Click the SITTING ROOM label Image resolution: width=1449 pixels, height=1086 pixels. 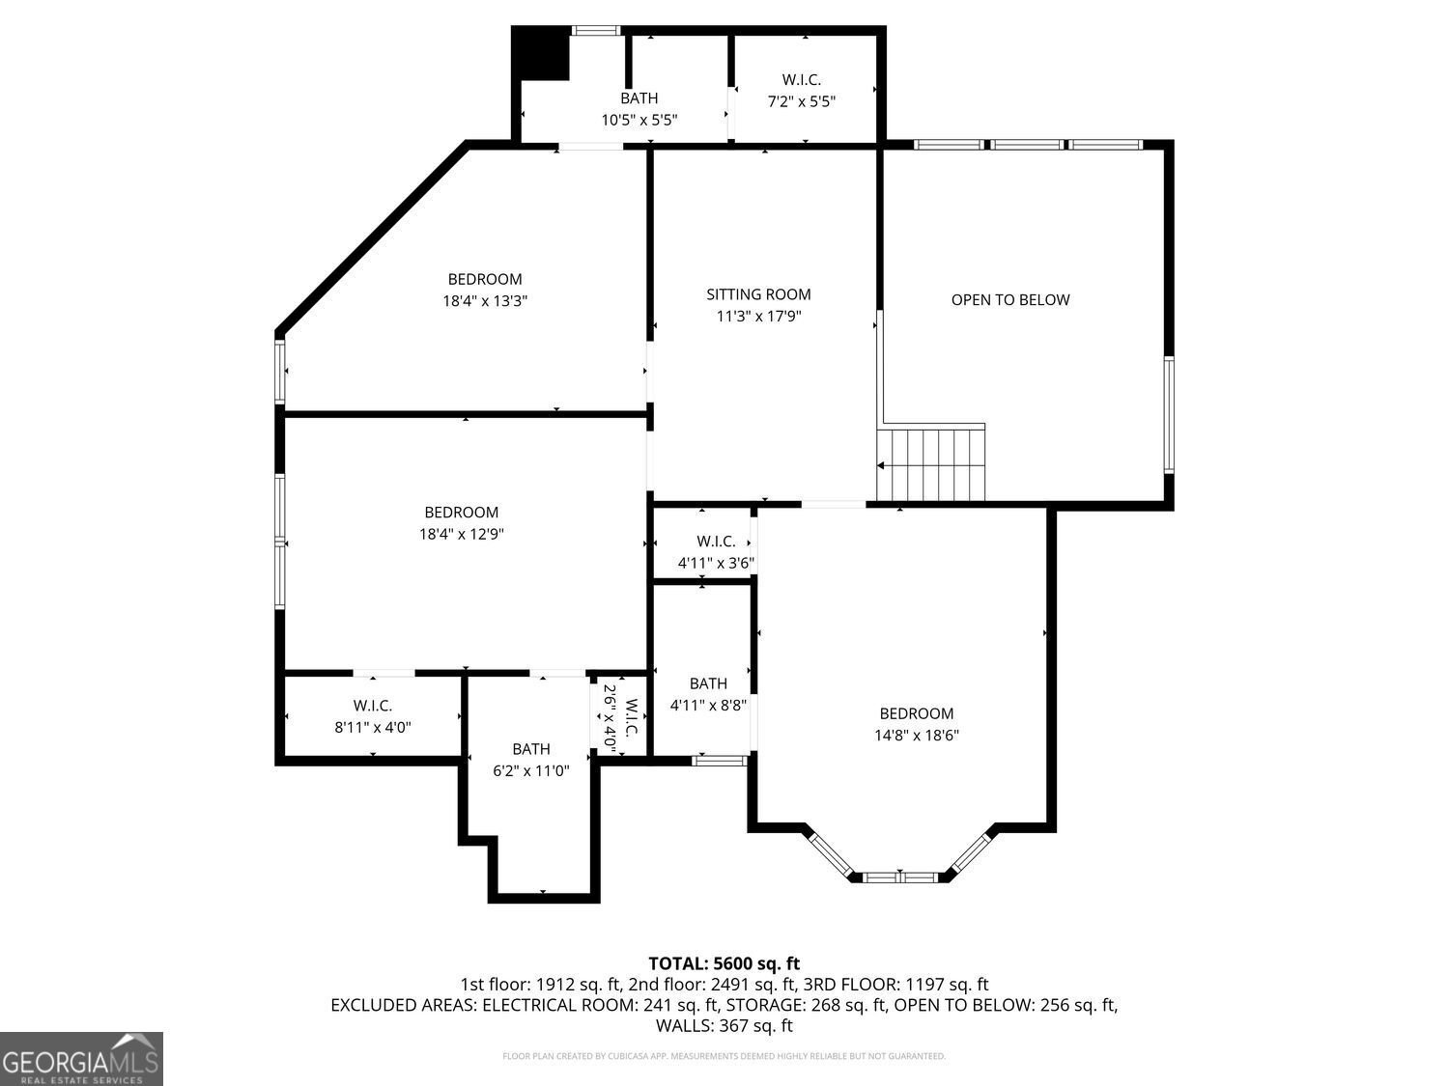click(758, 294)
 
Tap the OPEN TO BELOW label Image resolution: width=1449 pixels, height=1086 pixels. click(1010, 299)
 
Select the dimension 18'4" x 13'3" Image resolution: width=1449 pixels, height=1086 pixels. click(485, 301)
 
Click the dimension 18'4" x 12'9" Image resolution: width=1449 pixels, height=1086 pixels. click(462, 534)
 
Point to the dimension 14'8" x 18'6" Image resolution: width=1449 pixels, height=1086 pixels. click(917, 735)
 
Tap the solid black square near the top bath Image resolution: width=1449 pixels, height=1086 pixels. click(541, 54)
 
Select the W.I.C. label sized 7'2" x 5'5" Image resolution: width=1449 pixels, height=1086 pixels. click(801, 80)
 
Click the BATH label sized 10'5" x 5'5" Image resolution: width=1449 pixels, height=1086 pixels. click(639, 98)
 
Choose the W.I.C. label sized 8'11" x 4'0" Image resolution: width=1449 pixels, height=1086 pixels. click(372, 707)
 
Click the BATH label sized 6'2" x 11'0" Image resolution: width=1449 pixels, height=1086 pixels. click(531, 749)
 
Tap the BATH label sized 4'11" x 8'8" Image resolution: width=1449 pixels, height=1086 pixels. click(708, 683)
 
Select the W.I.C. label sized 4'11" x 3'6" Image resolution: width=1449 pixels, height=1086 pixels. click(716, 542)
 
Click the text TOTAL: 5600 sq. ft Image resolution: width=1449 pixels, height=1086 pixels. click(724, 963)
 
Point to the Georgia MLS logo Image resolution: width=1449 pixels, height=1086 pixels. click(81, 1059)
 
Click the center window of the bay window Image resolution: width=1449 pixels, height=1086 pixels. click(899, 877)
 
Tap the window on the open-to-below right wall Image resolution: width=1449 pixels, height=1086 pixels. click(1168, 414)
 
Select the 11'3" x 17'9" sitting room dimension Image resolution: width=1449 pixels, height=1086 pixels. click(758, 316)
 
